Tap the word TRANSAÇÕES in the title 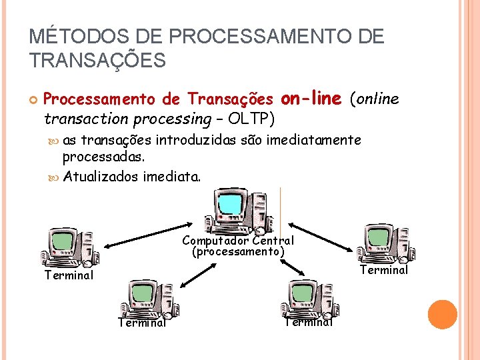97,61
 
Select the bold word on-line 311,99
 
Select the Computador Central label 237,241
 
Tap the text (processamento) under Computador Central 238,252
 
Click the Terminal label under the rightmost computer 384,270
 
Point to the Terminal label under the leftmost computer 69,275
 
